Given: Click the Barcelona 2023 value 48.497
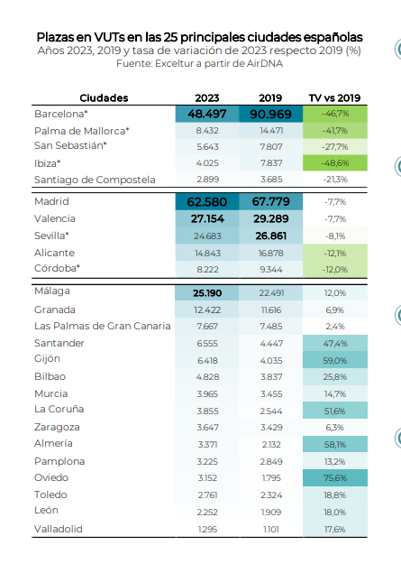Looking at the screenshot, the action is point(207,114).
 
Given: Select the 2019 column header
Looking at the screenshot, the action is point(270,98).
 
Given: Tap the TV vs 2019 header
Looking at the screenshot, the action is point(334,98).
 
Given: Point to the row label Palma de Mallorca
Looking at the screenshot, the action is point(82,131).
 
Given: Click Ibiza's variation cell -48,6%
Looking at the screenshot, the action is point(335,163).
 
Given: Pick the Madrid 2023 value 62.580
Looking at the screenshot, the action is point(207,202).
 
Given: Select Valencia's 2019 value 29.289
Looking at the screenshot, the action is point(270,218).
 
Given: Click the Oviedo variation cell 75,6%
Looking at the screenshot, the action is point(335,478).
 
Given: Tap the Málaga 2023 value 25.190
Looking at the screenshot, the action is point(207,293).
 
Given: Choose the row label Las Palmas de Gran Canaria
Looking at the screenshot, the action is point(103,326).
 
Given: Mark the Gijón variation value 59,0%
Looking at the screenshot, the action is point(335,361).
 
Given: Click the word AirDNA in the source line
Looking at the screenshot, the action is point(265,63).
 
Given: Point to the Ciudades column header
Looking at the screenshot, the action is point(104,98).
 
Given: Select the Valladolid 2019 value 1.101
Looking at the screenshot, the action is point(271,529).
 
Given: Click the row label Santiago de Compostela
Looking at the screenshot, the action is point(95,180).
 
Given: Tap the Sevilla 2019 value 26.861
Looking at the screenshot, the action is point(270,236).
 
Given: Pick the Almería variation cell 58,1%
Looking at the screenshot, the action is point(335,444).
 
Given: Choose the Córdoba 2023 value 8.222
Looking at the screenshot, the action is point(207,270).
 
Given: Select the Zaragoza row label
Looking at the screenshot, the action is point(57,427).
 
